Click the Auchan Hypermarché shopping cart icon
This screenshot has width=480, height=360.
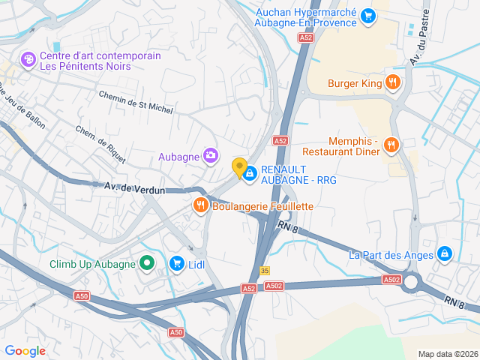pyautogui.click(x=367, y=15)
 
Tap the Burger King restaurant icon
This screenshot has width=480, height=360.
pyautogui.click(x=391, y=82)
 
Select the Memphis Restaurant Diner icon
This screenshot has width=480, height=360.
pyautogui.click(x=390, y=144)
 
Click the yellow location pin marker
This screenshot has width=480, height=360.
pyautogui.click(x=240, y=168)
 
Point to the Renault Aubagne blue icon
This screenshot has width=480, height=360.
pyautogui.click(x=250, y=173)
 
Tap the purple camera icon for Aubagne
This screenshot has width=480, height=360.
pyautogui.click(x=211, y=156)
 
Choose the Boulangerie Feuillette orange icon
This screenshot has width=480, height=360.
pyautogui.click(x=200, y=205)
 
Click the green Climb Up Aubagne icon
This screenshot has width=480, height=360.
pyautogui.click(x=147, y=263)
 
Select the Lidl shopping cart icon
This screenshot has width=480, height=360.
pyautogui.click(x=176, y=263)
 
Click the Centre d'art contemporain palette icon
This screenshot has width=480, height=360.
pyautogui.click(x=28, y=58)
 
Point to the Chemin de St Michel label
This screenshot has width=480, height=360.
pyautogui.click(x=136, y=102)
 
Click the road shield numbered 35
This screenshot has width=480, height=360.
pyautogui.click(x=265, y=271)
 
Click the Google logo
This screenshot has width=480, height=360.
pyautogui.click(x=25, y=350)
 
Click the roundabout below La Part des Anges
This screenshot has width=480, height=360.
pyautogui.click(x=412, y=283)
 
